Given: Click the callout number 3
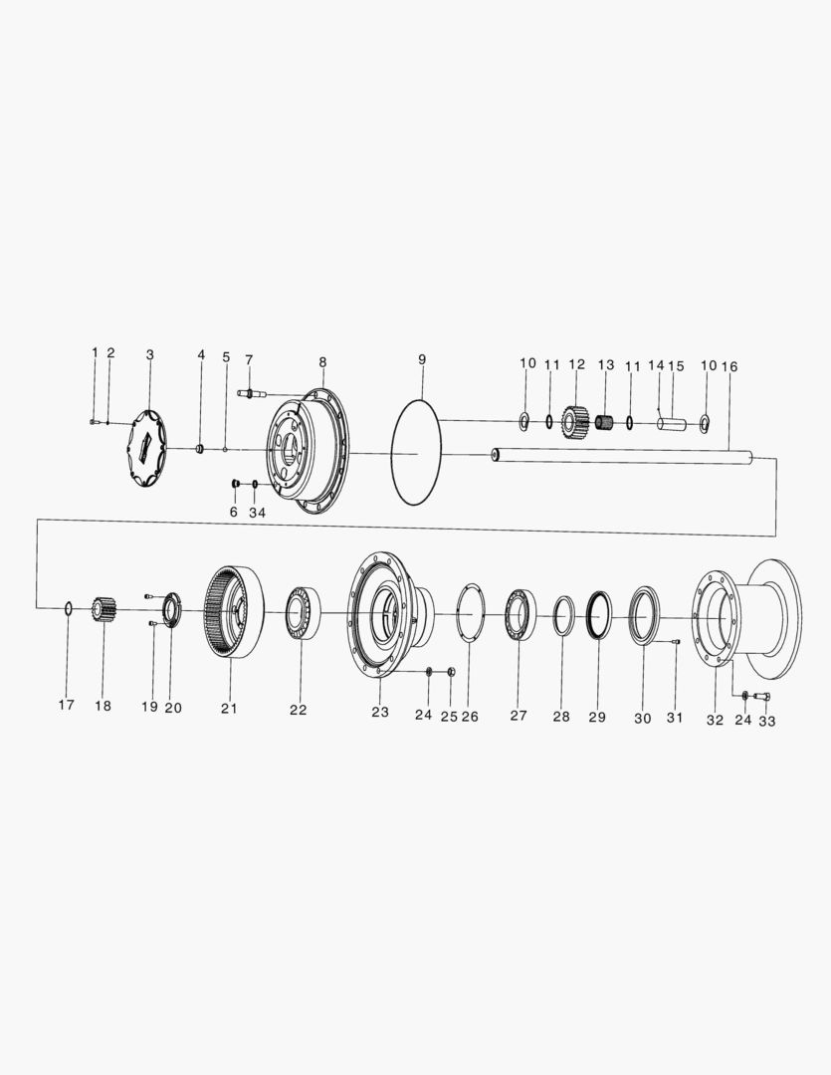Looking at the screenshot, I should pyautogui.click(x=150, y=354).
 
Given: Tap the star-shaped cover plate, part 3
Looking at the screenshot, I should pyautogui.click(x=147, y=449).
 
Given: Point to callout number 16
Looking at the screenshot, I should pyautogui.click(x=729, y=367).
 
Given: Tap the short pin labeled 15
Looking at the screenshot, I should pyautogui.click(x=673, y=424).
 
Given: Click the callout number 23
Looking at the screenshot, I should pyautogui.click(x=380, y=713).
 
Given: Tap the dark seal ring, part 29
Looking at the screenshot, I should pyautogui.click(x=599, y=617).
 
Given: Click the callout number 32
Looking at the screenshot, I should pyautogui.click(x=715, y=721).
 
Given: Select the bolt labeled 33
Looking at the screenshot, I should pyautogui.click(x=763, y=696).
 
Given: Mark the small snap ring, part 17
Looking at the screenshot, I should pyautogui.click(x=68, y=607).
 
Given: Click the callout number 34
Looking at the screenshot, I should pyautogui.click(x=257, y=513).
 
